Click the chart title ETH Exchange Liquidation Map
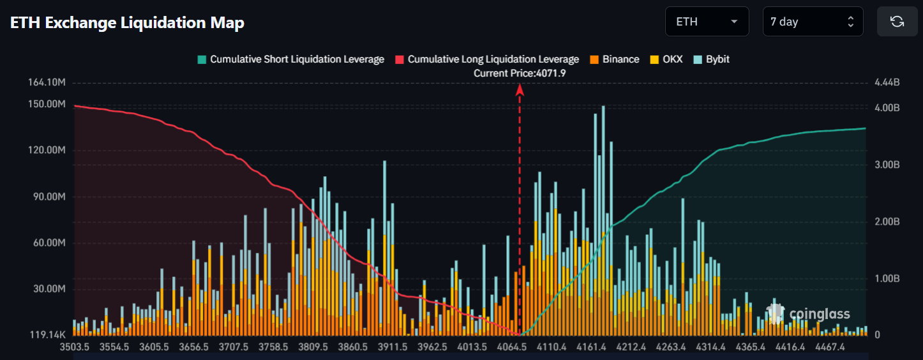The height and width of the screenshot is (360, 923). point(127,23)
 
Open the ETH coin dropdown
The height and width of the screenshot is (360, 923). point(707,22)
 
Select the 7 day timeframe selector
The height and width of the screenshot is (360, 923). point(813,22)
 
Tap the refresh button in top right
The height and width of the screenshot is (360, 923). point(897,22)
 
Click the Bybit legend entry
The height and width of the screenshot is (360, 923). point(711,59)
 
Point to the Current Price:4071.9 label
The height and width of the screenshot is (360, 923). point(520,73)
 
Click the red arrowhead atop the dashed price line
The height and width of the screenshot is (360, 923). point(520,90)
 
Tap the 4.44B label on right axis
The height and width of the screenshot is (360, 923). point(887,83)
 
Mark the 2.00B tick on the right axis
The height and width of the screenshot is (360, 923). point(887,221)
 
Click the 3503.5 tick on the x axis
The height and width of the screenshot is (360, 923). point(75,347)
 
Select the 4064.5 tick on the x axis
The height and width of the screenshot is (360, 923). point(511,347)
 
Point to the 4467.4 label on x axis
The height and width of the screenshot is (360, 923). point(829,347)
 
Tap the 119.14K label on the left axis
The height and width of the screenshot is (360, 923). point(48,334)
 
